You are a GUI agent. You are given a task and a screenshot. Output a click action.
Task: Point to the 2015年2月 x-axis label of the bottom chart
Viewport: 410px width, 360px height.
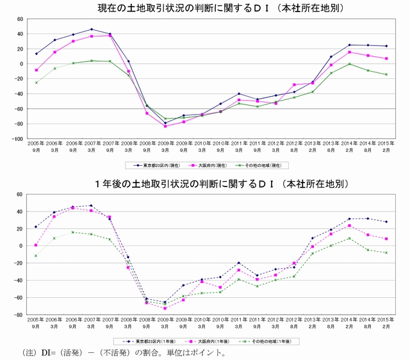[385, 322]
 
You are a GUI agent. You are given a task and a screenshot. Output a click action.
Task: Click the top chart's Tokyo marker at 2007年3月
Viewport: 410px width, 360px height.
[92, 29]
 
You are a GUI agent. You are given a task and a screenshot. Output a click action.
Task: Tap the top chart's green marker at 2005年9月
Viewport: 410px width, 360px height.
[36, 83]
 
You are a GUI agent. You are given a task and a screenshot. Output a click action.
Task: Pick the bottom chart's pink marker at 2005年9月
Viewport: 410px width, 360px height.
[36, 245]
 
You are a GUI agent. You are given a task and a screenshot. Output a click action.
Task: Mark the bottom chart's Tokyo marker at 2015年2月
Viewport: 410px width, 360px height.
[386, 222]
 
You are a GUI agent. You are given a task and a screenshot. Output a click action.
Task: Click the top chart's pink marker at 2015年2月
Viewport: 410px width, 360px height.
[386, 58]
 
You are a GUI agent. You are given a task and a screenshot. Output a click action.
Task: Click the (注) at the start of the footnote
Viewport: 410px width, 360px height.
[30, 353]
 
